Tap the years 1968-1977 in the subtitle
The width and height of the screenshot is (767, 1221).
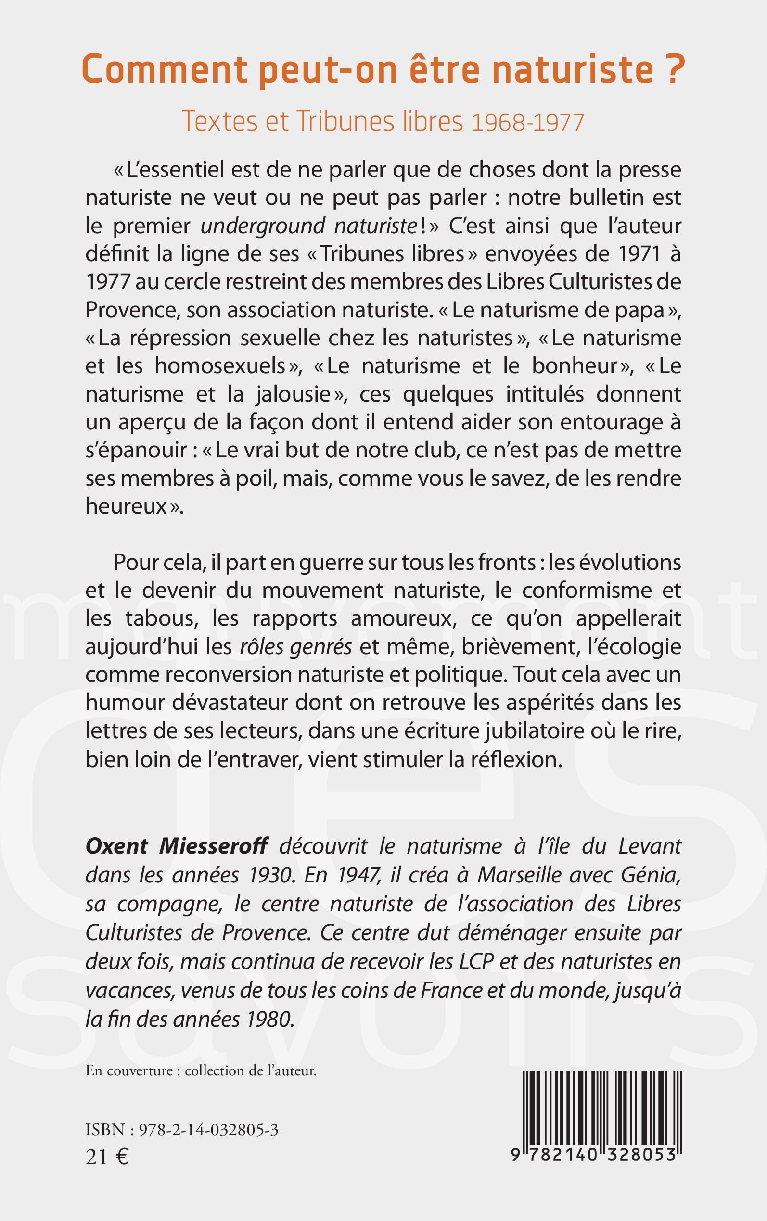tap(527, 123)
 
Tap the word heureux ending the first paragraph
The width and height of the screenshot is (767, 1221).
tap(127, 507)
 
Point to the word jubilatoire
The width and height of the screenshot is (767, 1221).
tap(505, 731)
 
